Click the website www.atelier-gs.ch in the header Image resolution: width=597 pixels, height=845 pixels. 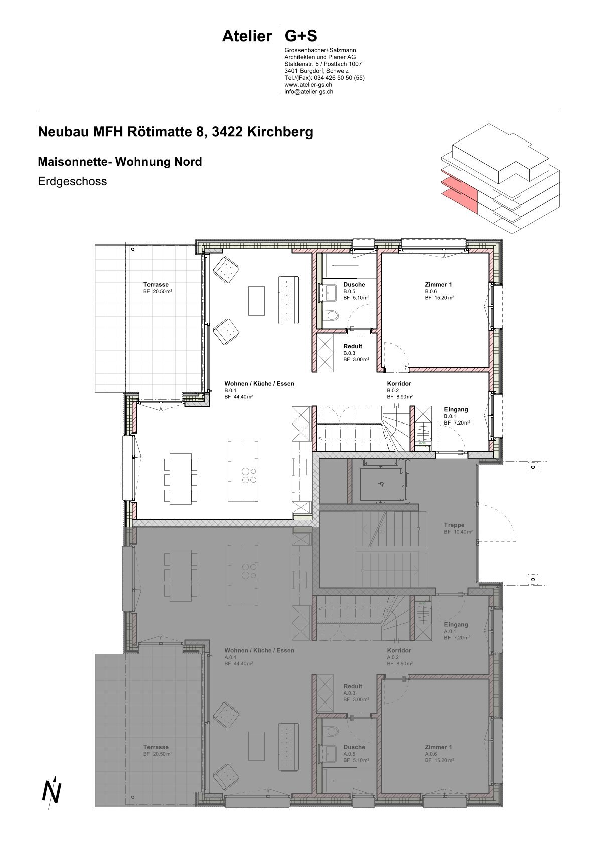tap(308, 85)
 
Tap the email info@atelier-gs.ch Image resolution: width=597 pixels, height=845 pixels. tap(309, 92)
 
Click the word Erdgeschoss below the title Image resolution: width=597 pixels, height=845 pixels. tap(72, 182)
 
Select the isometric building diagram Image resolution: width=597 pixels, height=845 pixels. tap(501, 179)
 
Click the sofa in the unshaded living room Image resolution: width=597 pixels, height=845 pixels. tap(288, 300)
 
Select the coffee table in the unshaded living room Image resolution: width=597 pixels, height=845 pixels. tap(256, 300)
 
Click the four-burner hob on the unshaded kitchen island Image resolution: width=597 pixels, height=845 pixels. tap(249, 475)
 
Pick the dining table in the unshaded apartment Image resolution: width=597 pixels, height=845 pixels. tap(181, 479)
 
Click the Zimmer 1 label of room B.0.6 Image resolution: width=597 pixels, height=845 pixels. tap(438, 285)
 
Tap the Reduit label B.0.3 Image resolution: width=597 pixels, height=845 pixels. tap(353, 346)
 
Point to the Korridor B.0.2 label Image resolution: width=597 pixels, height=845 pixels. tap(399, 384)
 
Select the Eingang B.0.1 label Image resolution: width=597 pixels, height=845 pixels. tap(456, 409)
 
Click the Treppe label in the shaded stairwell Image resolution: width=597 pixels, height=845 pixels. tap(454, 525)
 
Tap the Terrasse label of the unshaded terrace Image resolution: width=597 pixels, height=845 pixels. tap(156, 285)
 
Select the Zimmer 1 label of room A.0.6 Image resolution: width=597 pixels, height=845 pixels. tap(438, 747)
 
